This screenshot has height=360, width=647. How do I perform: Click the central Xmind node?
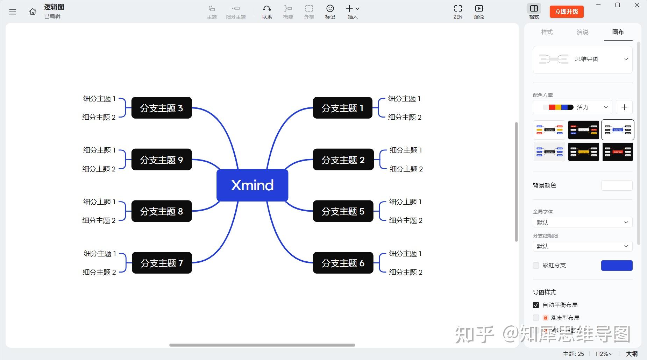pos(252,185)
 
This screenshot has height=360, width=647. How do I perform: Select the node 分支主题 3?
pos(162,108)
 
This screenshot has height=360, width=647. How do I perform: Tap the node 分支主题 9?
pos(162,160)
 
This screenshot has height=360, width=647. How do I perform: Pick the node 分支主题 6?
pos(343,263)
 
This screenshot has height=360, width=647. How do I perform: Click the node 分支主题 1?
pos(342,108)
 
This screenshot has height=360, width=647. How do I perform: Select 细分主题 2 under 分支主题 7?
pos(99,272)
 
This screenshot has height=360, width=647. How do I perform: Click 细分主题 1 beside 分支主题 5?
pos(405,202)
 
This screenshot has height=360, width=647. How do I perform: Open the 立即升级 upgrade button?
pos(567,12)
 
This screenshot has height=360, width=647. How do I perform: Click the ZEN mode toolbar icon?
pos(458,11)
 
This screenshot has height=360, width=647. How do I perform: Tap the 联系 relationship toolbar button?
pos(267,11)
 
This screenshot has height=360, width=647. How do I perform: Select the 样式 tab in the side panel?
pos(547,32)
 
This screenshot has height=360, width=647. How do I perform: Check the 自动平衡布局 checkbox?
pos(536,305)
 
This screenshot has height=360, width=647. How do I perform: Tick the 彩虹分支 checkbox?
pos(536,266)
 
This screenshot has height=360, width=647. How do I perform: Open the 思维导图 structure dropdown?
pos(583,59)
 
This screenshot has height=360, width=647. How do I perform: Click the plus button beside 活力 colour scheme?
pos(624,107)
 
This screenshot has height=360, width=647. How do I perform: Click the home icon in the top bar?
pos(33,12)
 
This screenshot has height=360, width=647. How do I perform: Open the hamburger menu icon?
pos(13,12)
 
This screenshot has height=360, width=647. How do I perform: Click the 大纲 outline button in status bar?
pos(632,354)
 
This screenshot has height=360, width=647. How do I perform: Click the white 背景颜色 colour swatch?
pos(617,185)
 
